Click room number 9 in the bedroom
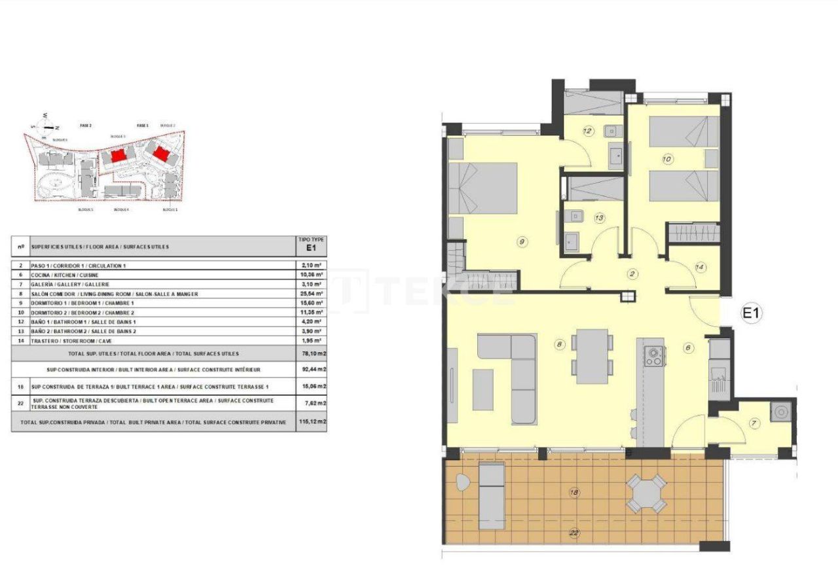[x=522, y=242]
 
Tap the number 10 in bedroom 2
[x=667, y=159]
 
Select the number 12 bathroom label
[x=587, y=132]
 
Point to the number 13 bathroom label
[x=599, y=218]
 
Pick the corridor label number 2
[x=632, y=274]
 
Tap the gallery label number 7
[x=754, y=424]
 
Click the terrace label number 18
[x=575, y=493]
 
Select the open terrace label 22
[x=575, y=533]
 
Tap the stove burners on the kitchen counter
[x=653, y=355]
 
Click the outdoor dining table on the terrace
[x=646, y=493]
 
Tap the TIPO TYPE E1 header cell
[x=312, y=245]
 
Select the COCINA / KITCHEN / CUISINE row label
[x=63, y=275]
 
